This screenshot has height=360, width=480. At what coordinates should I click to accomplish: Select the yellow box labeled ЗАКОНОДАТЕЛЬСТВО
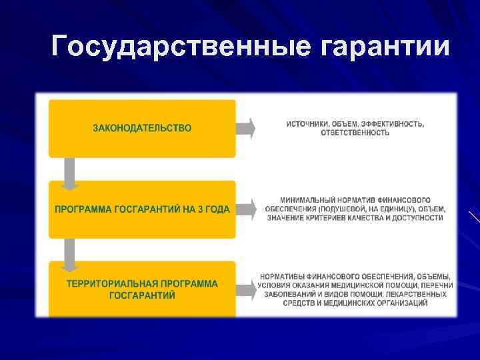(x=142, y=128)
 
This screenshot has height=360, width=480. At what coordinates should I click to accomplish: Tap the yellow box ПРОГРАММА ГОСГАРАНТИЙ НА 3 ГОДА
(x=142, y=209)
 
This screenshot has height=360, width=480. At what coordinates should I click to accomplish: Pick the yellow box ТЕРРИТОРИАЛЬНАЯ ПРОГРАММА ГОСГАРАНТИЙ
(x=142, y=289)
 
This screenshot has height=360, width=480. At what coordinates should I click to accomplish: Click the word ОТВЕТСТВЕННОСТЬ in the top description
(x=355, y=133)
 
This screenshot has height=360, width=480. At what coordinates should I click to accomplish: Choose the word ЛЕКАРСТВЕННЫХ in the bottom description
(x=419, y=295)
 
